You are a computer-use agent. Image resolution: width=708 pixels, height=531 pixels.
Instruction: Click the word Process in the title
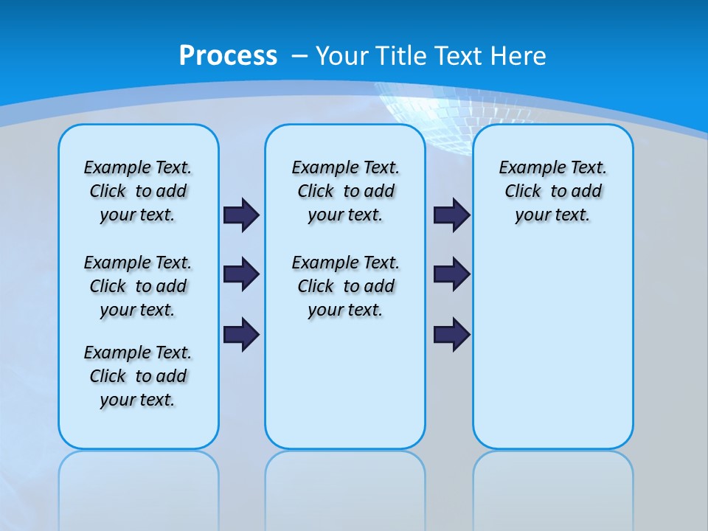click(228, 56)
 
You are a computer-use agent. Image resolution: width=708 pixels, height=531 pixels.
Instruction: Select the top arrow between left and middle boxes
click(241, 215)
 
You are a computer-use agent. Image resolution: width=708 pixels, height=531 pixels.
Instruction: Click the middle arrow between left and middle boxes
click(241, 274)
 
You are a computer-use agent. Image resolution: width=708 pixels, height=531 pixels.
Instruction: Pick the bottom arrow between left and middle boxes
click(241, 334)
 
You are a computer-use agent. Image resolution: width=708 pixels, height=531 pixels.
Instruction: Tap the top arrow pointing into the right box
click(451, 215)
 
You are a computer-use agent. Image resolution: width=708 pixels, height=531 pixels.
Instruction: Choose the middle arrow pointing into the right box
click(451, 274)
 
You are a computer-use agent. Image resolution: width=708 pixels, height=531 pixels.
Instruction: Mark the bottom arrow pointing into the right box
click(451, 334)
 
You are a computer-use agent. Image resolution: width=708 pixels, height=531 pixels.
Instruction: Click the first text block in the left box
click(138, 191)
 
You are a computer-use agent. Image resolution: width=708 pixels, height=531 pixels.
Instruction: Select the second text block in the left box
click(138, 286)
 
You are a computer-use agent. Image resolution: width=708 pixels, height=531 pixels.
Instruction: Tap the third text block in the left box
click(138, 376)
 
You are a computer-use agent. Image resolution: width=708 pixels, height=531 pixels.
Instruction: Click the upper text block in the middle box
click(345, 191)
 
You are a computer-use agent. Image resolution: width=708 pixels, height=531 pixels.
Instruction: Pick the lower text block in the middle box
click(345, 286)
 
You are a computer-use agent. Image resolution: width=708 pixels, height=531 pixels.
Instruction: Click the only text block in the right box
click(552, 191)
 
